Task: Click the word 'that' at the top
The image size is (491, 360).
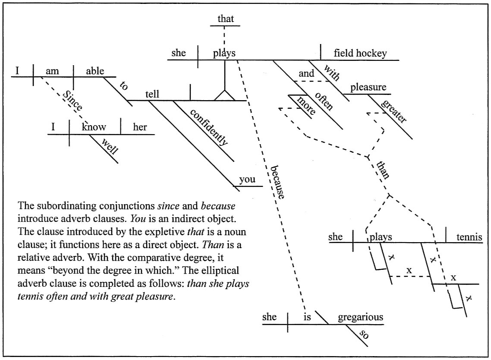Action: (225, 19)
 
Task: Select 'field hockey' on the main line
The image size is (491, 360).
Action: (360, 54)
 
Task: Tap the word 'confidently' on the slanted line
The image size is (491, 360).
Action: (208, 127)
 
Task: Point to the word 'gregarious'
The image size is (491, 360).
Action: (360, 317)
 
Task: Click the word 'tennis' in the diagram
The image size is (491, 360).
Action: (468, 237)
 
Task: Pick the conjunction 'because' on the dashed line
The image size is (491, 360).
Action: (277, 182)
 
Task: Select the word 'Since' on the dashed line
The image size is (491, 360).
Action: (72, 101)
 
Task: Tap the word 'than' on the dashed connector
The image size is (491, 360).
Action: (383, 170)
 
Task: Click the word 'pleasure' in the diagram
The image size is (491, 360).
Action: (368, 88)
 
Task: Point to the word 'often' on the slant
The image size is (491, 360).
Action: (324, 101)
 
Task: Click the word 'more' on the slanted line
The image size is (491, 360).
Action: (306, 105)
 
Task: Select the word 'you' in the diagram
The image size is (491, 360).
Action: (247, 180)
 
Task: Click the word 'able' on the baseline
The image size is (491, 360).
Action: (95, 71)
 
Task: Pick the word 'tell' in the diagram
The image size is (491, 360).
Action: (152, 94)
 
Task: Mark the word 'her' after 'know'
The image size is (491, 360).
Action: (140, 127)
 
